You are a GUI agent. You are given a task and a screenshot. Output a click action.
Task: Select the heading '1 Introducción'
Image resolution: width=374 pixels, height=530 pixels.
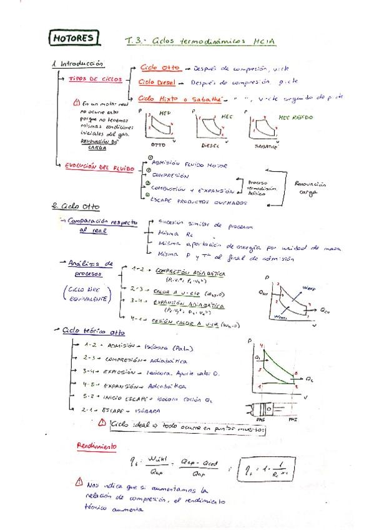point(78,64)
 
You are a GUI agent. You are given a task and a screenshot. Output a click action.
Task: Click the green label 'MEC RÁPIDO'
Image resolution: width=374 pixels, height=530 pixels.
point(296,116)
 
